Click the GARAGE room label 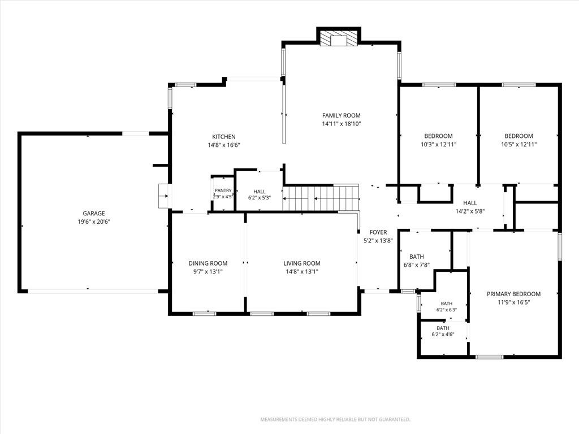click(94, 213)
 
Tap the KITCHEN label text click(224, 137)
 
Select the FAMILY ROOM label click(341, 115)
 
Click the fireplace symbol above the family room click(339, 38)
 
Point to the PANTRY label click(223, 190)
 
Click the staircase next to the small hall click(321, 198)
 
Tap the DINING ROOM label click(208, 263)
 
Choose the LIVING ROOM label click(302, 263)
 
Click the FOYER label click(378, 232)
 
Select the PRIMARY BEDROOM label click(513, 294)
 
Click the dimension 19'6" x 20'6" click(94, 222)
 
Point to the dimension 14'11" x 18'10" click(341, 124)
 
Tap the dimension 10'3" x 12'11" click(439, 145)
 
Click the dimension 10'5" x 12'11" click(519, 145)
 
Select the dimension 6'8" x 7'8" click(417, 265)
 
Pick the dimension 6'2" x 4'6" click(443, 335)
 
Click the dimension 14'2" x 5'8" click(470, 211)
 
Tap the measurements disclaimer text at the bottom click(335, 420)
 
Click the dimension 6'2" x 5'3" click(260, 198)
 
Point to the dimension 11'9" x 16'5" click(513, 302)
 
